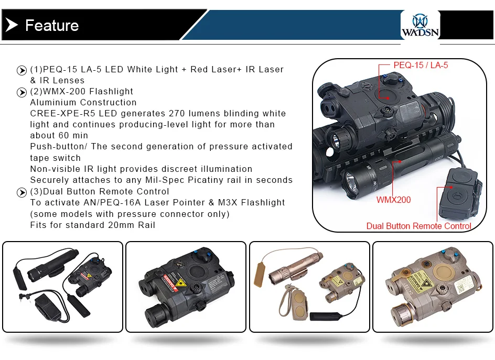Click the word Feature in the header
click(x=52, y=25)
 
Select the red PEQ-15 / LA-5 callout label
click(x=421, y=66)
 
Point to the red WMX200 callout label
click(x=393, y=200)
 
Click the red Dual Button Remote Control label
click(x=418, y=226)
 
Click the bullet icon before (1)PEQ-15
click(x=22, y=70)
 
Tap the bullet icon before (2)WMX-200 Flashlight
click(x=22, y=92)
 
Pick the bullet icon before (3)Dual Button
click(x=22, y=192)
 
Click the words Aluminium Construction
click(x=83, y=103)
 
